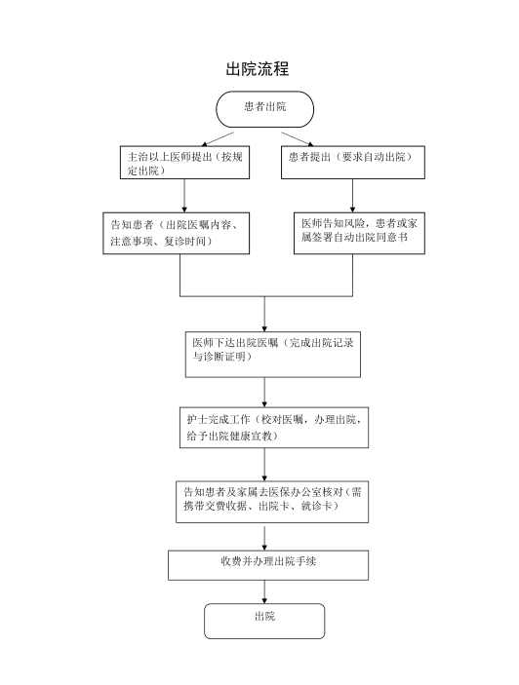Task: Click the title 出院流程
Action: (258, 69)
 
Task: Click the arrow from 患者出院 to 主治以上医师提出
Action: (218, 139)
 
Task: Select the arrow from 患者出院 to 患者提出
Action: (298, 139)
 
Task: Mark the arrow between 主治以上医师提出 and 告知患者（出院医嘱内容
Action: (184, 196)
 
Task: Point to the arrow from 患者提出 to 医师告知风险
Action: (353, 196)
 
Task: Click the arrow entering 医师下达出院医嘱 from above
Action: (264, 314)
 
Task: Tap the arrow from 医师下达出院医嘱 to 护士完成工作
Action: (264, 393)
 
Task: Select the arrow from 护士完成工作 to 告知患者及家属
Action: (264, 465)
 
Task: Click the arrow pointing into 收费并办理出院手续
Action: (264, 538)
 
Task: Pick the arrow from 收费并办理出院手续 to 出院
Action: (264, 592)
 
